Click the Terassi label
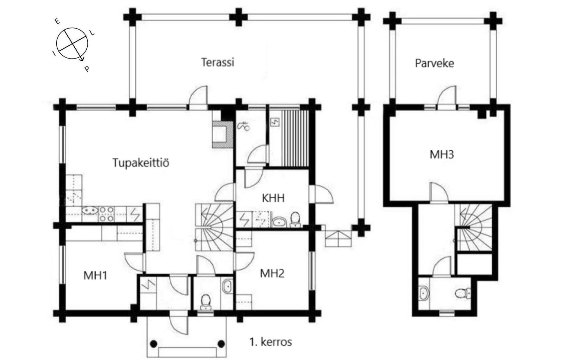click(x=217, y=62)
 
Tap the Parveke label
click(x=434, y=63)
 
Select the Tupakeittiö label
click(x=141, y=163)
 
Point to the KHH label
click(x=273, y=198)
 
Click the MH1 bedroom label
click(x=95, y=275)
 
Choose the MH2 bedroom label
click(x=272, y=273)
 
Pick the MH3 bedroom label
click(x=442, y=154)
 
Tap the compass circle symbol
click(x=72, y=43)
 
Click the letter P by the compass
click(x=87, y=69)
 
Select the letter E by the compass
click(x=57, y=21)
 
